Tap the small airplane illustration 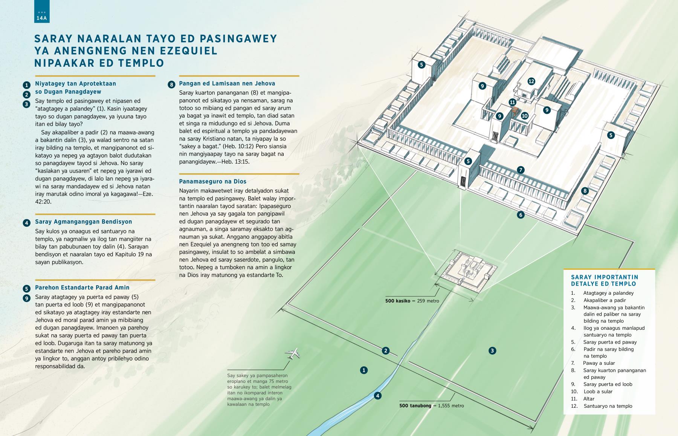click(x=293, y=353)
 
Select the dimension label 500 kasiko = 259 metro click(x=412, y=301)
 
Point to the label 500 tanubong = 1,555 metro click(x=432, y=406)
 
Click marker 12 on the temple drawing click(x=531, y=81)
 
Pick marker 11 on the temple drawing click(x=512, y=102)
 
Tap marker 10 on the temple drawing click(x=525, y=116)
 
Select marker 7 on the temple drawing click(x=521, y=170)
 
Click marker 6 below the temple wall click(x=521, y=215)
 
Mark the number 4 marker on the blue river click(x=377, y=396)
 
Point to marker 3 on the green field click(x=492, y=351)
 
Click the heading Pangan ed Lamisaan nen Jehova click(x=227, y=84)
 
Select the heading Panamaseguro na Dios click(x=213, y=181)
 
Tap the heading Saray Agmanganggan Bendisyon click(x=84, y=222)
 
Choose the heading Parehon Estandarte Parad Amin click(x=82, y=288)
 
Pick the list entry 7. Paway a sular click(x=593, y=363)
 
